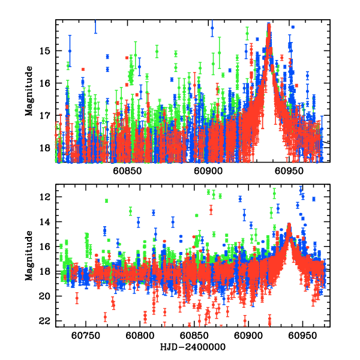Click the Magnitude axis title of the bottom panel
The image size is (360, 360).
click(x=28, y=257)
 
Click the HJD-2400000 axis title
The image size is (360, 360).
click(x=193, y=347)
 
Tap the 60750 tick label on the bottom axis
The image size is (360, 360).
click(x=84, y=335)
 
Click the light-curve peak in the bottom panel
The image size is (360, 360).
click(x=289, y=226)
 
